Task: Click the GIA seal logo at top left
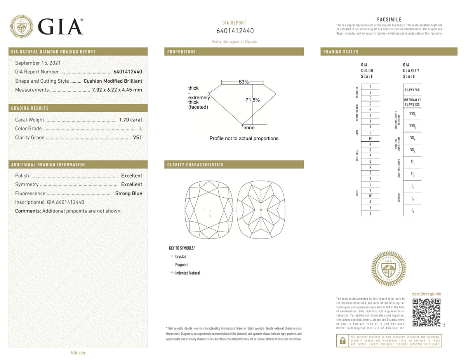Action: (21, 26)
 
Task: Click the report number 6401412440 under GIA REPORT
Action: (235, 31)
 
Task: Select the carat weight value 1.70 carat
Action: (130, 120)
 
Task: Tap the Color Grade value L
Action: (141, 129)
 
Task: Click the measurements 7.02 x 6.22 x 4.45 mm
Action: (117, 90)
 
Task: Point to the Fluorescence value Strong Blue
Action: (129, 193)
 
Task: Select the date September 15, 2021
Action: (38, 63)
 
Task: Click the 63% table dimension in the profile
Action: (243, 82)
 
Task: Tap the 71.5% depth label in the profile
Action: (252, 100)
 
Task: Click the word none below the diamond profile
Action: (249, 128)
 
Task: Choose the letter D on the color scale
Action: (370, 87)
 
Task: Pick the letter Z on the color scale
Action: (370, 213)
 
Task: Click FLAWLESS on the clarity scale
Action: (412, 90)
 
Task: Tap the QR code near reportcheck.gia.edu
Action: (426, 312)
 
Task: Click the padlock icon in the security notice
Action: (343, 341)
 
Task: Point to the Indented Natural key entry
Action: (187, 273)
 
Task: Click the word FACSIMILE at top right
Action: (389, 20)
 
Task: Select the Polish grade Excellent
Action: (132, 176)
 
